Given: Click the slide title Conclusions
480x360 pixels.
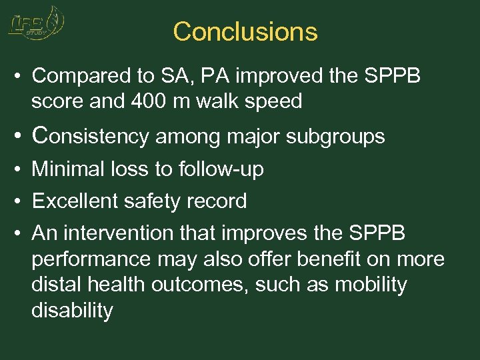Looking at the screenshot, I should click(245, 31).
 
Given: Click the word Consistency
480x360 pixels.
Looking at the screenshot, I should click(91, 136).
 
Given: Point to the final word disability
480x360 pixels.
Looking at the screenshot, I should click(72, 310).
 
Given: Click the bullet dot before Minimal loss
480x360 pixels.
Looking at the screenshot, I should click(18, 169).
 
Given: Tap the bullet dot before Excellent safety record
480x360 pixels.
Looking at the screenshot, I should click(18, 201).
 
